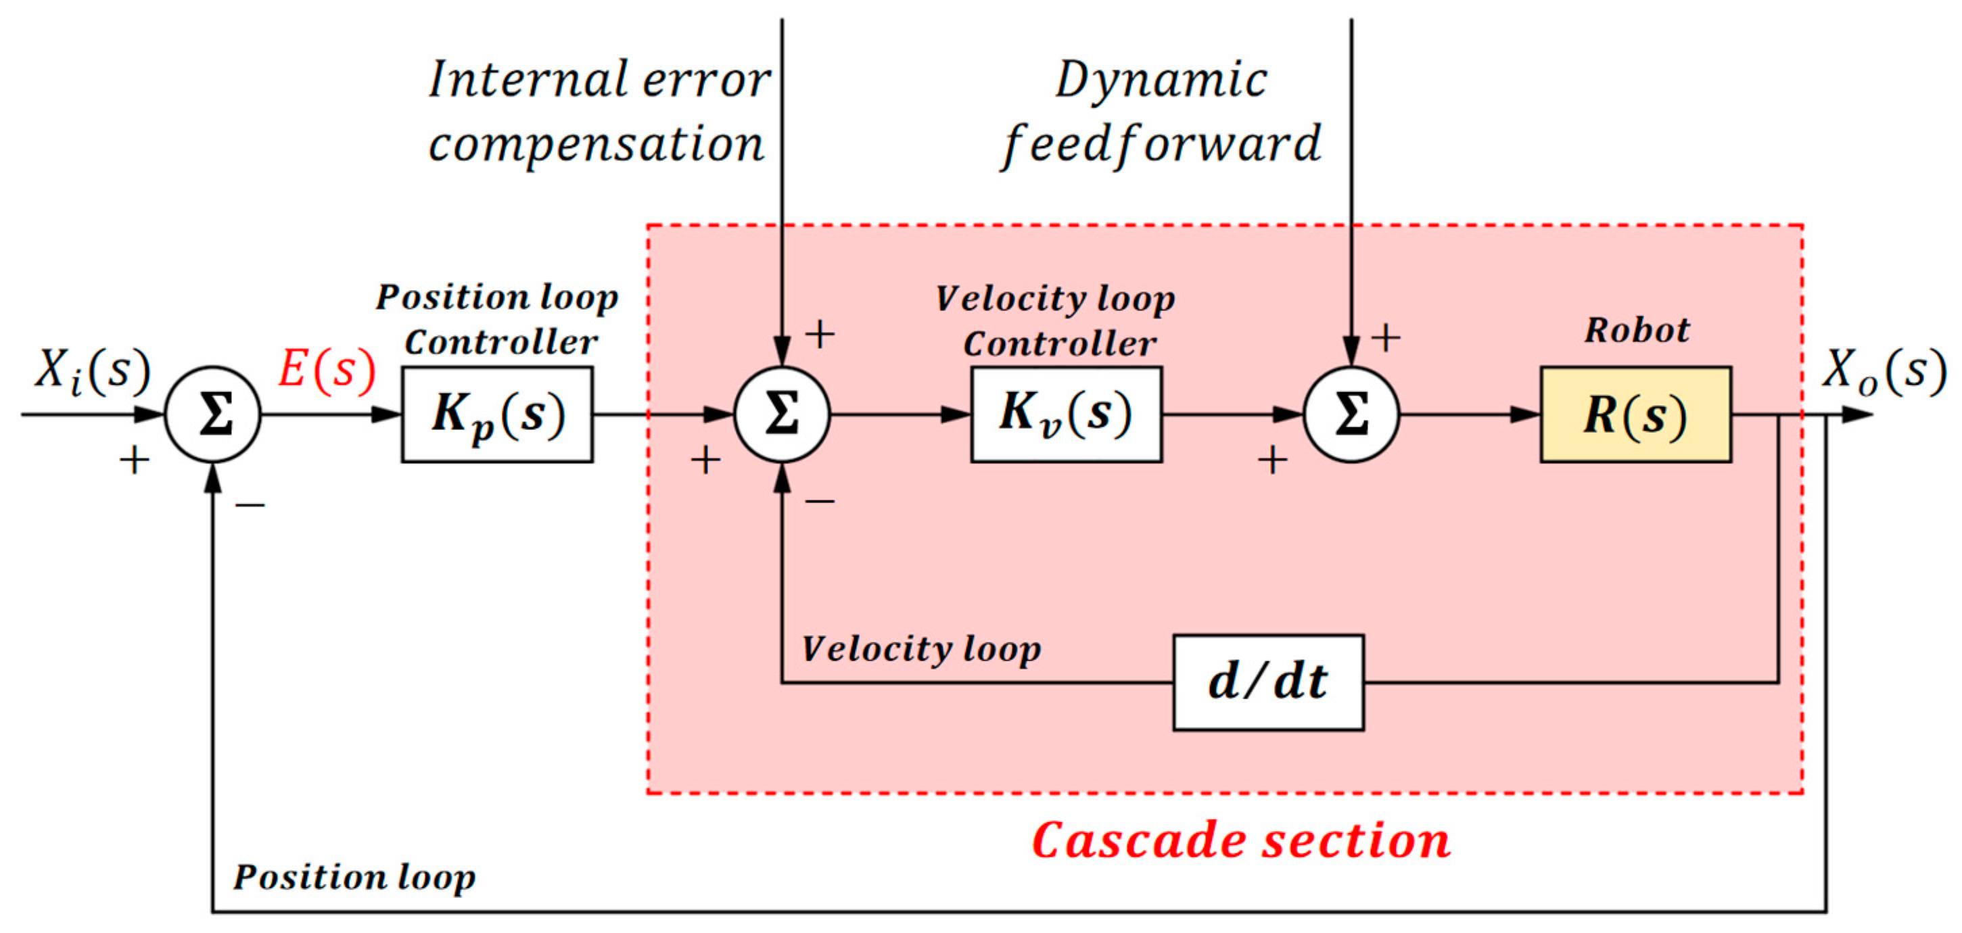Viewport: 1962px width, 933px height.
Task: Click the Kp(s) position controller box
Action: pos(497,414)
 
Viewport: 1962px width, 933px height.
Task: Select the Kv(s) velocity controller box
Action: pos(1067,414)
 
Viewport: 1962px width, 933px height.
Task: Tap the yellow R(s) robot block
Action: pos(1635,414)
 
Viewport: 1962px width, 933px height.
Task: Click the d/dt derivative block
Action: pos(1268,681)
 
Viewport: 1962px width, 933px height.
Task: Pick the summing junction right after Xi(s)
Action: pos(213,414)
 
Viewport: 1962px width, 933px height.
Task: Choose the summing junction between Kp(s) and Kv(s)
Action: pos(783,414)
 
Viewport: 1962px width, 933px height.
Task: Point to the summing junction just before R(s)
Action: pos(1351,414)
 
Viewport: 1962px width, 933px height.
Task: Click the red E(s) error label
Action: pos(327,371)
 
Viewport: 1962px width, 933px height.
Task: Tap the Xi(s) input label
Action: pos(92,372)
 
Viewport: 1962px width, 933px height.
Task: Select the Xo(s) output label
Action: pos(1883,372)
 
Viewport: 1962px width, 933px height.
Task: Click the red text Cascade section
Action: pos(1241,841)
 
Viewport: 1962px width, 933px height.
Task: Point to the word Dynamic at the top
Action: pos(1161,80)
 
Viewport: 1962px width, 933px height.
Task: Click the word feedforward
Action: pos(1161,145)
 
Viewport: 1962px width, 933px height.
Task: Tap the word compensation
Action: pos(597,145)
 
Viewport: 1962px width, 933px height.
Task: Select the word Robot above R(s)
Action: pos(1637,331)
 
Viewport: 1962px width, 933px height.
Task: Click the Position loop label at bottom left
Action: pos(354,877)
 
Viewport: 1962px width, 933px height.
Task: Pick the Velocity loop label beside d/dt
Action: pos(922,649)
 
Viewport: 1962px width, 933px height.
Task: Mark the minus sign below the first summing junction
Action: pos(250,504)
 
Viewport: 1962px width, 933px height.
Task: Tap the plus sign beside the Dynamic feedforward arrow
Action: pos(1385,337)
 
